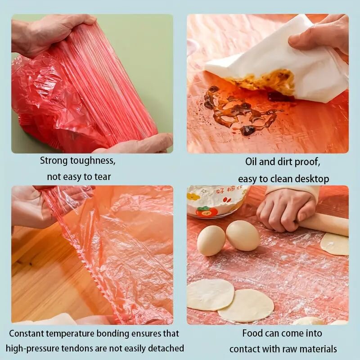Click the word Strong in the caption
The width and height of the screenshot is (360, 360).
click(x=54, y=161)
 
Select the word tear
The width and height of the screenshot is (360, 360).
click(x=103, y=177)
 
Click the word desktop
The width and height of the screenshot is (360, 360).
click(x=311, y=179)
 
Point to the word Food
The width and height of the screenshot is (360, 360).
click(x=252, y=333)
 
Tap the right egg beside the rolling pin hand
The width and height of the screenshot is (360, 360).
click(x=243, y=235)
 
